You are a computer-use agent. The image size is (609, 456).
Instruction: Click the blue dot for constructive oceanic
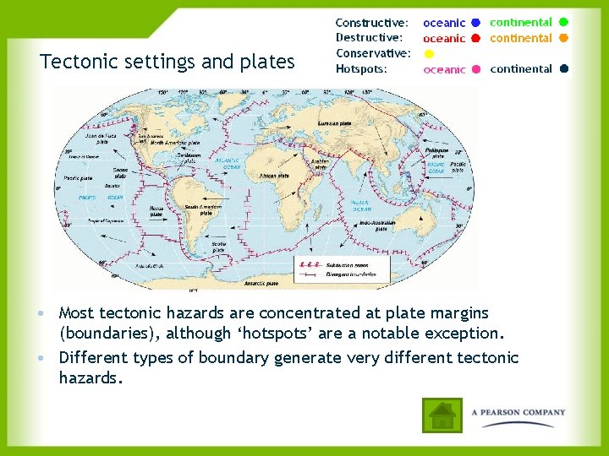coord(477,23)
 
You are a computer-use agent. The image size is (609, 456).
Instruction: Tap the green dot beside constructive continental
coord(563,22)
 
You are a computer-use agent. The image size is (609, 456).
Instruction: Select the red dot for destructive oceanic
coord(477,38)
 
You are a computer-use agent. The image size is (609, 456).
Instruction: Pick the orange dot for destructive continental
coord(563,38)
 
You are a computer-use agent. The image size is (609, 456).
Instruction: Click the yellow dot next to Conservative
coord(429,53)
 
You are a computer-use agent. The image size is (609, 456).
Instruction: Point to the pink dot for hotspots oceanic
coord(477,69)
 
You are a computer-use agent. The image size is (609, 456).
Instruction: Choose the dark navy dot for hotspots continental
coord(563,69)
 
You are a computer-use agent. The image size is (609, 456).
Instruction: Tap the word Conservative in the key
coord(373,53)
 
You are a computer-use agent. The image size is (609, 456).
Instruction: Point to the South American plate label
coord(200,210)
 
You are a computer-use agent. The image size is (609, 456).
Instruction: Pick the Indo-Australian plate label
coord(373,225)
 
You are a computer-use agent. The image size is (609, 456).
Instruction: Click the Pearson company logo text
coord(518,412)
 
